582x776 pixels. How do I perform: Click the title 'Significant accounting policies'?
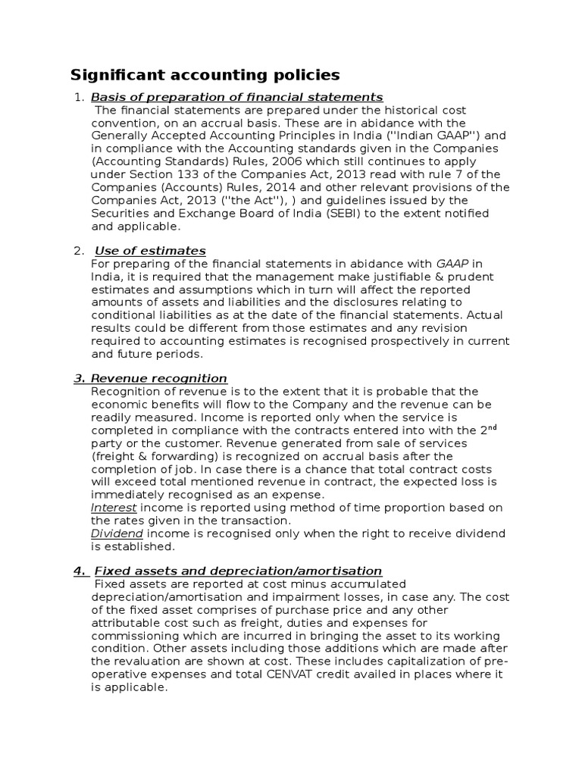(205, 75)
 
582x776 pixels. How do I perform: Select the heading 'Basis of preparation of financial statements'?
(236, 96)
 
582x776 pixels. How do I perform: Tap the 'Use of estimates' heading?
(150, 251)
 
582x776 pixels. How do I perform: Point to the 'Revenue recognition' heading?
(158, 378)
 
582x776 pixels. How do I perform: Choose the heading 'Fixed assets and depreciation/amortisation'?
(236, 571)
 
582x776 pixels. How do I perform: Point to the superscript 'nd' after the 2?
(491, 427)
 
